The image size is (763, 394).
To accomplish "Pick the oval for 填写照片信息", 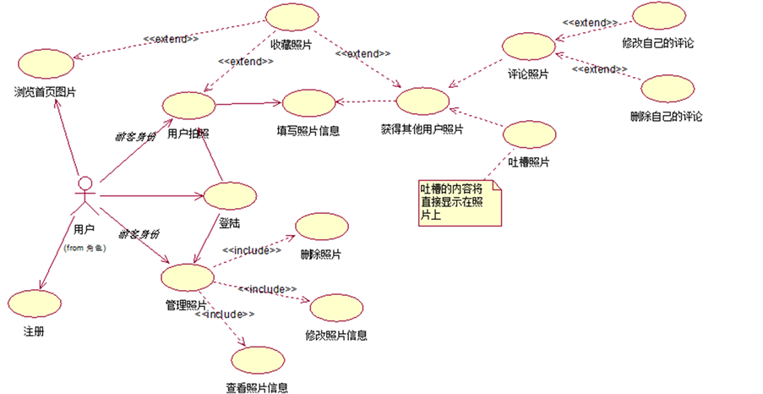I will pos(308,103).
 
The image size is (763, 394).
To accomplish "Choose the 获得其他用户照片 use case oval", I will pos(422,101).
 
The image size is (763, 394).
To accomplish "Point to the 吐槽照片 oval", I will pos(529,135).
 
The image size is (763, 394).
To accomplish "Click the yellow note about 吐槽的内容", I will pos(459,202).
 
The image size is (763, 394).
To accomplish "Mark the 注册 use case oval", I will pos(35,303).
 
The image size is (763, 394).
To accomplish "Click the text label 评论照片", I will pos(528,74).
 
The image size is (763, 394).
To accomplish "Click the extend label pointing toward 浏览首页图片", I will pos(171,38).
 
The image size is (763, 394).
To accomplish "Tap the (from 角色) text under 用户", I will pos(84,248).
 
